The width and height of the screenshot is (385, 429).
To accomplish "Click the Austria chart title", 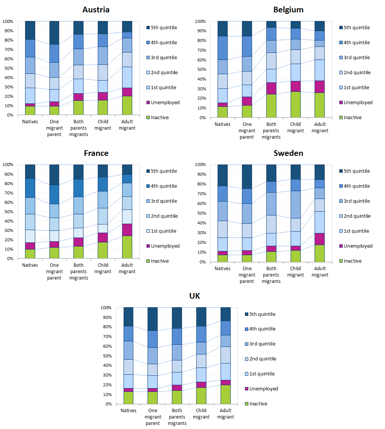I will (x=97, y=10).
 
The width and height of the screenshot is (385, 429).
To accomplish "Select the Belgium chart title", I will (x=288, y=10).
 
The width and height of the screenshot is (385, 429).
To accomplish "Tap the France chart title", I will (x=96, y=153).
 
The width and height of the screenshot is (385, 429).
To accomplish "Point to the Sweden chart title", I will (x=288, y=153).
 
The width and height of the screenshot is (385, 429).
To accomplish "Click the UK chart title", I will (x=195, y=296).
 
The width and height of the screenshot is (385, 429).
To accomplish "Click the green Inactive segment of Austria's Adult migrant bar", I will (x=127, y=106).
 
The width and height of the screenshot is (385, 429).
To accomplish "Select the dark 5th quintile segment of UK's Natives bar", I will (x=128, y=317).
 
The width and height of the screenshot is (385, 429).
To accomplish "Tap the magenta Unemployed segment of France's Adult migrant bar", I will (x=127, y=230).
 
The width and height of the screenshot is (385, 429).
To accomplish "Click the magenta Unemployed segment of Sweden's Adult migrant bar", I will (x=319, y=239).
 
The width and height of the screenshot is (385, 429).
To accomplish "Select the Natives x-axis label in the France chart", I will (x=30, y=265).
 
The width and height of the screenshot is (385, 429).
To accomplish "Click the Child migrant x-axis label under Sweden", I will (x=295, y=272).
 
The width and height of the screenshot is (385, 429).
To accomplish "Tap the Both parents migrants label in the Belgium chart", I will (x=271, y=130).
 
